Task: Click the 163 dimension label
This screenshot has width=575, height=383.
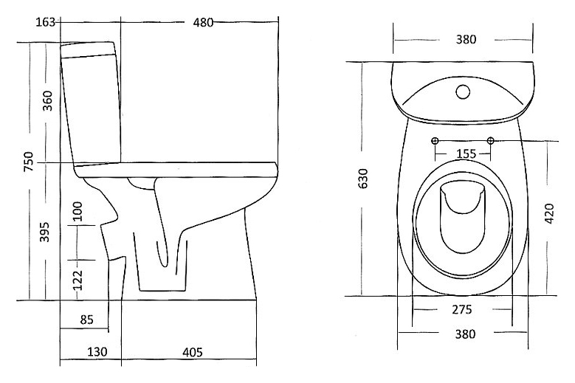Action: coord(45,22)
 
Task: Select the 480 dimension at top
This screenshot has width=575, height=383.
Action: coord(203,23)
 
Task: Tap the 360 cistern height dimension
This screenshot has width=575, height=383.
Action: coord(48,101)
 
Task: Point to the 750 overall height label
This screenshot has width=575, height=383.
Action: coord(28,162)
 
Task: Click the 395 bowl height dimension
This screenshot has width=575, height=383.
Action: coord(44,232)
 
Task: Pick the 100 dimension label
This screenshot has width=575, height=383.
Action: coord(78,212)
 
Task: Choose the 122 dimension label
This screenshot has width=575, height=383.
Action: coord(78,280)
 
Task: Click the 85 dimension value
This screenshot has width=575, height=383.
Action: coord(87,320)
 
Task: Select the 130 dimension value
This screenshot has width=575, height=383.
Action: coord(97,352)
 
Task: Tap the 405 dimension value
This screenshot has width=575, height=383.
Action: coord(193,352)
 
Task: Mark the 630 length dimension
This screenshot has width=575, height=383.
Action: coord(363,179)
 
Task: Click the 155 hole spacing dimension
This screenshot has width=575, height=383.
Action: coord(466,153)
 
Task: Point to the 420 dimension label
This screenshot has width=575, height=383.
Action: coord(550,213)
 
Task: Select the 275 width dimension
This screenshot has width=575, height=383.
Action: coord(461,310)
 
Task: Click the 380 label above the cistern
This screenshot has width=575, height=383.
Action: coord(466,39)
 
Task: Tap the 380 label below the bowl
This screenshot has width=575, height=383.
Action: coord(465,334)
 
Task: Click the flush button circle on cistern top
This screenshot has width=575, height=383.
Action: coord(463,92)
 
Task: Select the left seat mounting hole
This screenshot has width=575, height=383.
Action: coord(435,141)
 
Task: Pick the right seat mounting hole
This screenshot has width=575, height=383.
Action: coord(491,140)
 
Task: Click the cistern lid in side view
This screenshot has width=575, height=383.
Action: coord(88,49)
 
